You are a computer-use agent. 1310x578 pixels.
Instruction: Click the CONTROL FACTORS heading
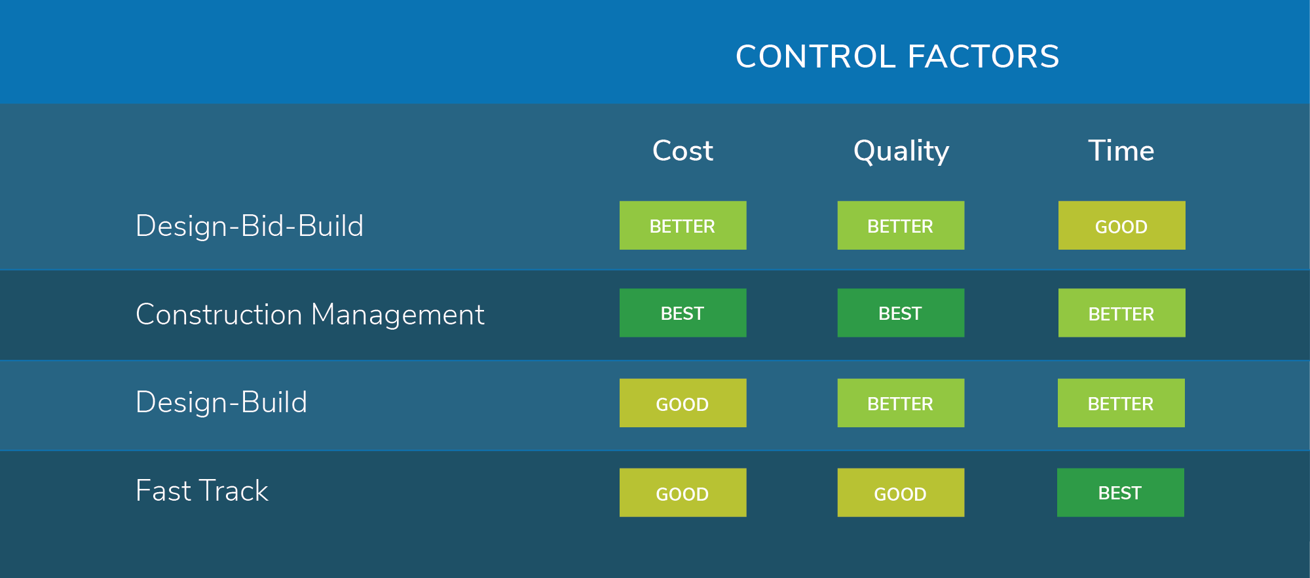897,56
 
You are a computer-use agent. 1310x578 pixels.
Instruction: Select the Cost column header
683,151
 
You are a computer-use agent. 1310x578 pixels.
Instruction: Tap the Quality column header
901,152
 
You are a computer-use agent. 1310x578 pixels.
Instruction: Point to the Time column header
1121,151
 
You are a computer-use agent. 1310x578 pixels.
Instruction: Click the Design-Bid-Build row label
250,226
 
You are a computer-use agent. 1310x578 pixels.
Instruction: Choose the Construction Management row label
310,315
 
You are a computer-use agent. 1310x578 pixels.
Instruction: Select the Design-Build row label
221,402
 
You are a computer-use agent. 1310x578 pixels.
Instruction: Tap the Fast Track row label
202,491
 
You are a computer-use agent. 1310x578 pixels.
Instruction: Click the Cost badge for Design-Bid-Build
683,225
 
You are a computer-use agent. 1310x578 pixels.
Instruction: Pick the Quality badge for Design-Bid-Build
901,225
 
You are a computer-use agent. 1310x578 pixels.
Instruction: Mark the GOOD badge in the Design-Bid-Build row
1122,225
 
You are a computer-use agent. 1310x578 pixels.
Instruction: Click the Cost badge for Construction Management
683,313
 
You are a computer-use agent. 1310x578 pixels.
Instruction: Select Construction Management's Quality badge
901,313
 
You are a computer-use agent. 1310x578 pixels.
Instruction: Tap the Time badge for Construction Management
1122,313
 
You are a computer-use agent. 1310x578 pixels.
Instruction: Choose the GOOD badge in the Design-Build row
683,403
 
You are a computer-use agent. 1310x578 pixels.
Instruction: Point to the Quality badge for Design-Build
901,403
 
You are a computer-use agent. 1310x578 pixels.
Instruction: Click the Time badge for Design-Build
1121,403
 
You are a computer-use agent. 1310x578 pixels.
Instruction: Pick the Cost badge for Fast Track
683,492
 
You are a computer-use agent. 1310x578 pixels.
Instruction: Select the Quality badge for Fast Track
901,492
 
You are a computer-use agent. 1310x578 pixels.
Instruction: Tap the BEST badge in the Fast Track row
1121,492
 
